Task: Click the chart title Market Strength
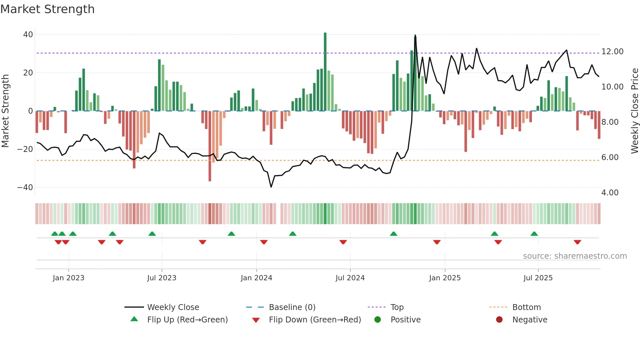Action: point(47,9)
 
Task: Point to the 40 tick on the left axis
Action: point(28,35)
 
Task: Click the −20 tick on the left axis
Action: point(25,149)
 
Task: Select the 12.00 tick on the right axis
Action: point(612,52)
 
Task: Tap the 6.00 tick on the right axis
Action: point(610,157)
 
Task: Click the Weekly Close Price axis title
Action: point(634,111)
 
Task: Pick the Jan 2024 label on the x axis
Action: point(256,278)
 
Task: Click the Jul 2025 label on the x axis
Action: point(538,278)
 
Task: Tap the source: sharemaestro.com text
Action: point(575,256)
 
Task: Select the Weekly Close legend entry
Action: point(173,307)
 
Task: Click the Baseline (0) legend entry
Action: point(292,307)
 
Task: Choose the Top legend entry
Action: point(397,307)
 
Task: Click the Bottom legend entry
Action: point(526,307)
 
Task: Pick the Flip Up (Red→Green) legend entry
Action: point(187,320)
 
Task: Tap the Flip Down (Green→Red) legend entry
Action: point(315,320)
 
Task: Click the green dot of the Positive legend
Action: point(377,320)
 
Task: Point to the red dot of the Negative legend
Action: point(499,320)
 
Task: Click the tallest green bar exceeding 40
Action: point(325,72)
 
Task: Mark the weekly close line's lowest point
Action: point(271,187)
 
